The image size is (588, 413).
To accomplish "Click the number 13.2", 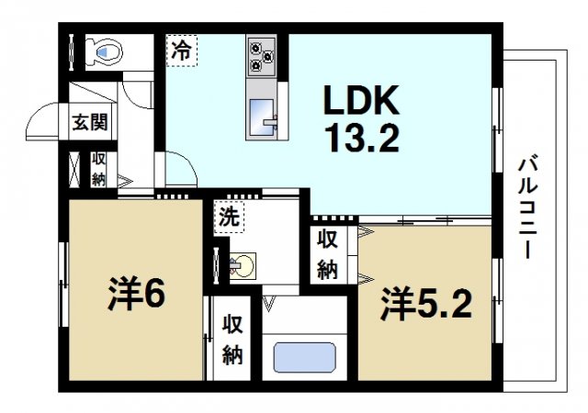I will coord(361,139).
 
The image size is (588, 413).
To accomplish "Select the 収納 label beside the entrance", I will coord(98,167).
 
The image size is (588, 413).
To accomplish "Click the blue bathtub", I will coord(304,357).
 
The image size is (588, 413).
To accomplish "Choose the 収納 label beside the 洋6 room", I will coord(232,340).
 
